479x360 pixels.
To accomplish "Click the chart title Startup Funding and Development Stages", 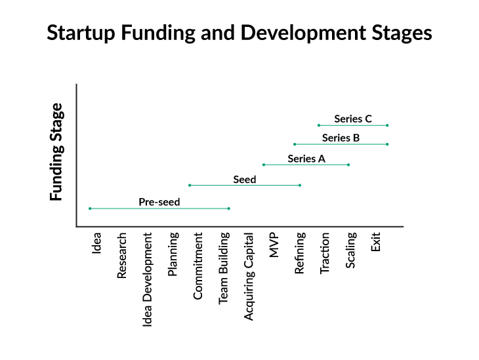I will (x=239, y=33).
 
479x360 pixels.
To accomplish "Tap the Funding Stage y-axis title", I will (x=57, y=151).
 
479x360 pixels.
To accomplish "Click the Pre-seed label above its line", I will (x=159, y=202).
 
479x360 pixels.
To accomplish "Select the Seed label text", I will (x=244, y=179).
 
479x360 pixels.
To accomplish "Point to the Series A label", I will (x=306, y=159).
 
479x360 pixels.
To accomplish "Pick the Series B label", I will (x=341, y=138).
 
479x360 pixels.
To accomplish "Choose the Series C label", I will (x=353, y=119).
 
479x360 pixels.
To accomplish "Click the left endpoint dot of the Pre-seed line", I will (x=90, y=209).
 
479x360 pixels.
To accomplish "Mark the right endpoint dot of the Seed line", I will (x=300, y=185).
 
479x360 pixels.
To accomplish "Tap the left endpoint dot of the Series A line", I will (x=264, y=165).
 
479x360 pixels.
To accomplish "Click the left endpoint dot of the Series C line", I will (x=319, y=125).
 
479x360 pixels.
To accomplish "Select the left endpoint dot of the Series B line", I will (x=295, y=144).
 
